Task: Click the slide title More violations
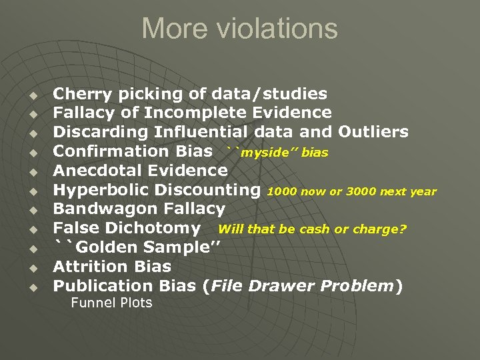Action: (x=239, y=29)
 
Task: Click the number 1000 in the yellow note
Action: (x=279, y=192)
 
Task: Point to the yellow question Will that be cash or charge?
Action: (x=312, y=229)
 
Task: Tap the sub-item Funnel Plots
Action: (x=111, y=303)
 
